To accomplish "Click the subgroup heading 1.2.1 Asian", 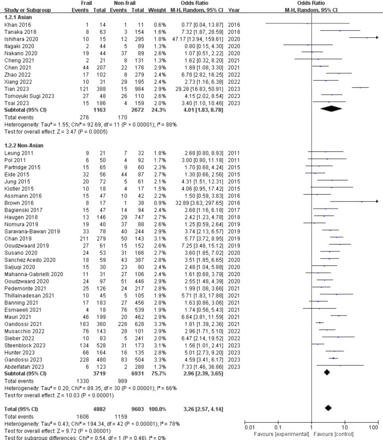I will [x=18, y=18].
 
